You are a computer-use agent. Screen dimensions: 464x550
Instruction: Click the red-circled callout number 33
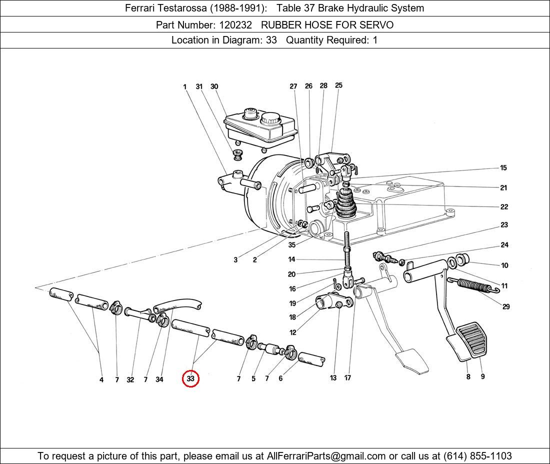(x=190, y=379)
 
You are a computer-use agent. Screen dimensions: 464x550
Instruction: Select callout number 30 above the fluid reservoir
(x=214, y=86)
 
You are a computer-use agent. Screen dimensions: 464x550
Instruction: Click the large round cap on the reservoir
(x=270, y=118)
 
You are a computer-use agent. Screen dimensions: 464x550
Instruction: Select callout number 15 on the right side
(x=503, y=168)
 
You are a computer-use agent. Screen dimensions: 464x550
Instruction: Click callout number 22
(x=504, y=207)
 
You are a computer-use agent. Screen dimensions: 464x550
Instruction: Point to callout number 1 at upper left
(x=184, y=87)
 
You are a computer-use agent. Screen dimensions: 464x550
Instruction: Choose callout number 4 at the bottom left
(x=101, y=380)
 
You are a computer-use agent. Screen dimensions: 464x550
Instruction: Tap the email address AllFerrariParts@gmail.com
(x=326, y=456)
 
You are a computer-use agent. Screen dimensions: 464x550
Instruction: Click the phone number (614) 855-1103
(x=477, y=456)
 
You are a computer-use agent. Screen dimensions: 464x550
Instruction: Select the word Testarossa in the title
(x=189, y=8)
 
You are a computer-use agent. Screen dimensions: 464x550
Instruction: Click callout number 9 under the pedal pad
(x=482, y=376)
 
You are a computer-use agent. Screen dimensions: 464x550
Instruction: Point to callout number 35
(x=291, y=245)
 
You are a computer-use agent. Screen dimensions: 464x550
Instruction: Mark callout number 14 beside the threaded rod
(x=291, y=259)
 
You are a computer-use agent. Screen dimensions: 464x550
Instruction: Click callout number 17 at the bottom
(x=348, y=378)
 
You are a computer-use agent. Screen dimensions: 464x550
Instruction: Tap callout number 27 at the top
(x=293, y=86)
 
